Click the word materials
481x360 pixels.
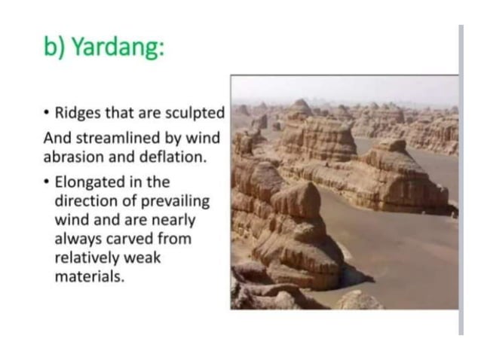tap(88, 277)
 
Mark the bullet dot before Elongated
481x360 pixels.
tap(47, 183)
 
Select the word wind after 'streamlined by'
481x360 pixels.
tap(201, 139)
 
